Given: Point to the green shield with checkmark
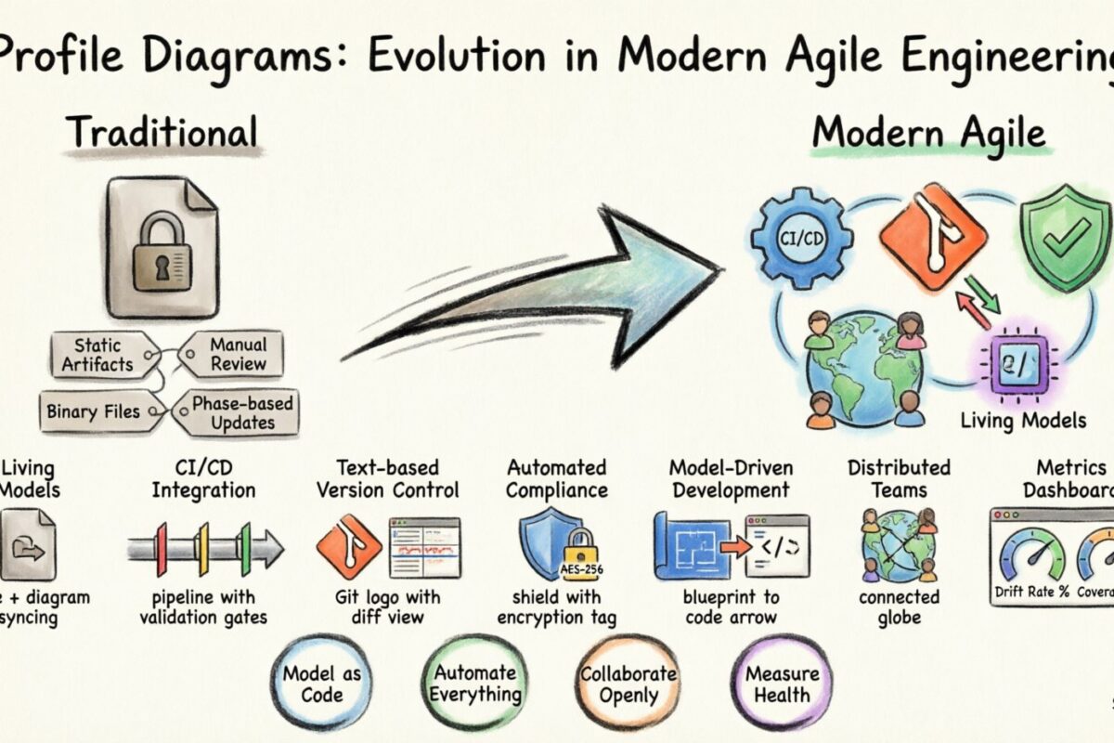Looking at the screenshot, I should (1066, 236).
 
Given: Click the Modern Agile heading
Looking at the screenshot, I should (929, 134).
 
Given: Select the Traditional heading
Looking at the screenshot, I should (162, 132).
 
